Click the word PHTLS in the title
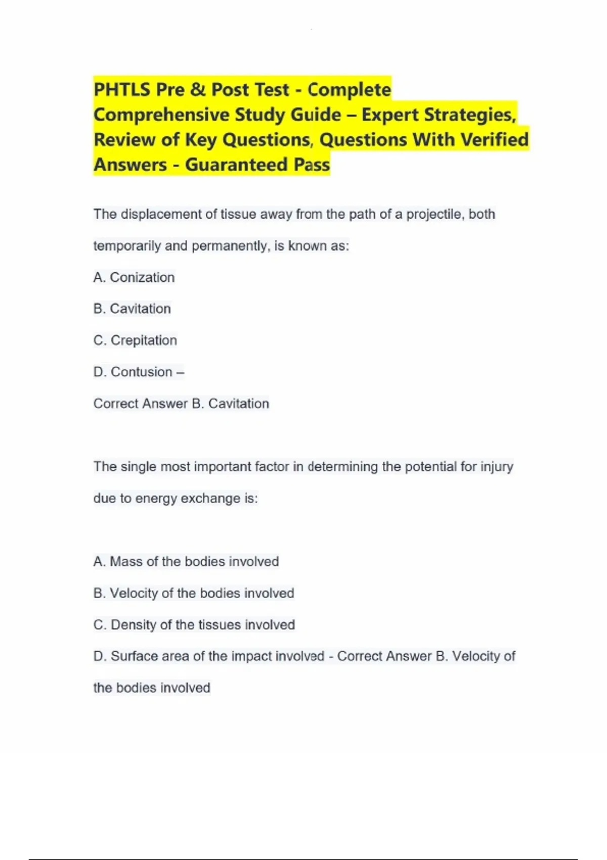pyautogui.click(x=122, y=90)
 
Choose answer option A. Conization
pyautogui.click(x=134, y=277)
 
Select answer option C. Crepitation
pyautogui.click(x=135, y=340)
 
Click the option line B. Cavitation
pyautogui.click(x=132, y=309)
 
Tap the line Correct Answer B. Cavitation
pyautogui.click(x=181, y=403)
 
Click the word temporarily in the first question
pyautogui.click(x=127, y=246)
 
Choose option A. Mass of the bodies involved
pyautogui.click(x=186, y=562)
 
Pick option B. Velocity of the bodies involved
pyautogui.click(x=194, y=593)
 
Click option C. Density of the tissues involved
pyautogui.click(x=194, y=625)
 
